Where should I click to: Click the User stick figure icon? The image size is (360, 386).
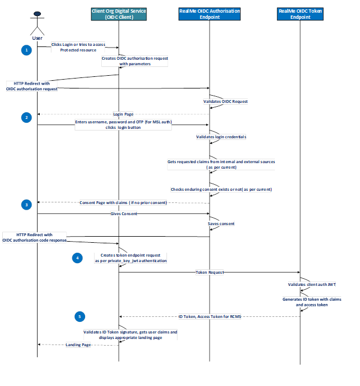pyautogui.click(x=37, y=23)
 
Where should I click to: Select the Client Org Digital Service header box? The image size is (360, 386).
pyautogui.click(x=119, y=14)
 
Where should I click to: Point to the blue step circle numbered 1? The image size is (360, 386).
pyautogui.click(x=27, y=50)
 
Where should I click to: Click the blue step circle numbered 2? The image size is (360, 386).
pyautogui.click(x=27, y=117)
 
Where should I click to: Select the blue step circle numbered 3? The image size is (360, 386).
pyautogui.click(x=27, y=205)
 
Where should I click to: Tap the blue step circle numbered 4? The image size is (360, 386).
pyautogui.click(x=79, y=257)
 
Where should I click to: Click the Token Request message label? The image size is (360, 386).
pyautogui.click(x=210, y=272)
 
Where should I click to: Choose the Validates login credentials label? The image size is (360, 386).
pyautogui.click(x=221, y=136)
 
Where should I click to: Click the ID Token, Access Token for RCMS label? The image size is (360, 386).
pyautogui.click(x=210, y=316)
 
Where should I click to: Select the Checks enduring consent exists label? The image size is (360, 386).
pyautogui.click(x=221, y=189)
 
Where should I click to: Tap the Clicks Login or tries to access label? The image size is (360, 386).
pyautogui.click(x=77, y=44)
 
